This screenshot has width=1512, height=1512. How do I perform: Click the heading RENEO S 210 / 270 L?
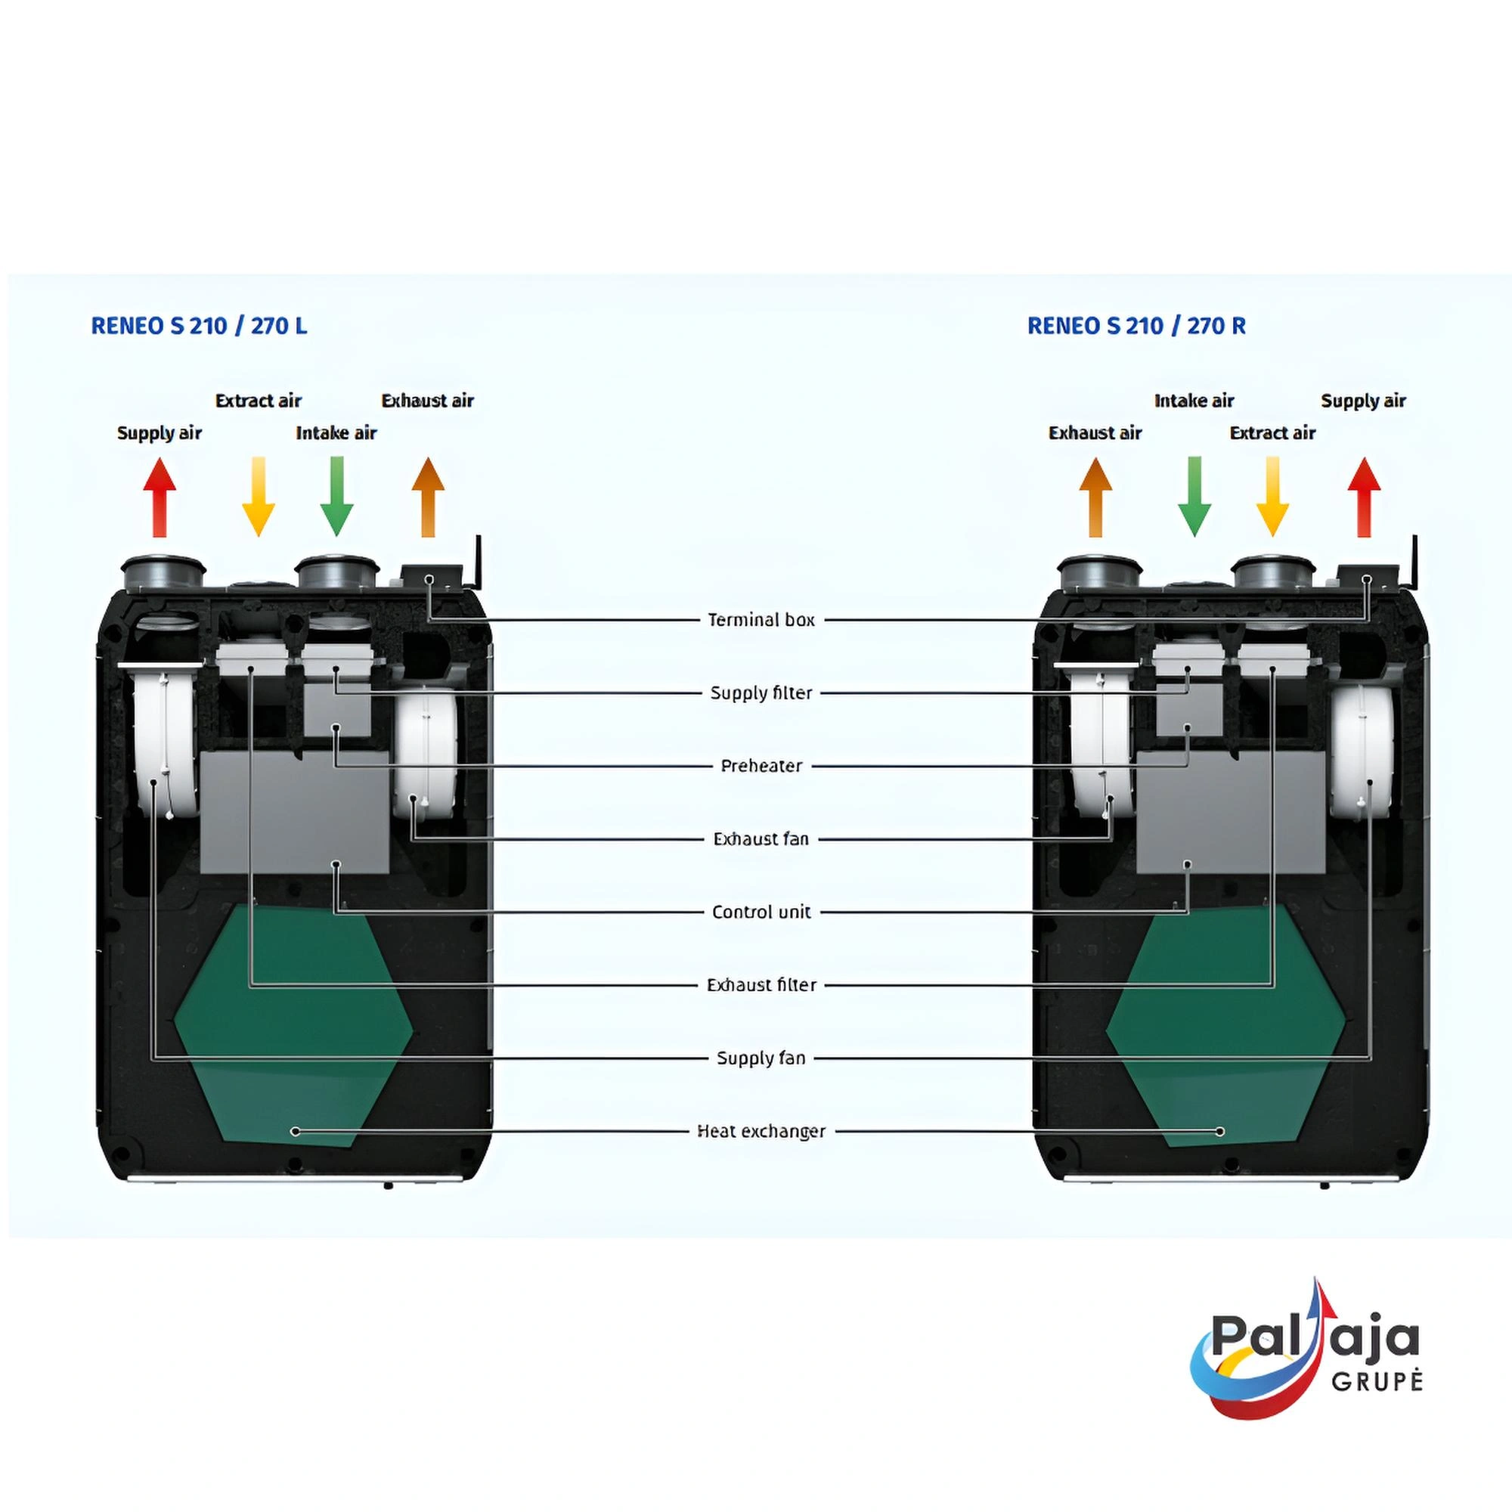tap(199, 326)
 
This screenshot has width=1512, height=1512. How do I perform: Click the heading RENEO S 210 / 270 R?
tap(1136, 326)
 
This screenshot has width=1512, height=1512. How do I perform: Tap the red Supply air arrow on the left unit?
tap(160, 497)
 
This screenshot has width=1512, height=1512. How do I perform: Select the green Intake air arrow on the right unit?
tap(1194, 497)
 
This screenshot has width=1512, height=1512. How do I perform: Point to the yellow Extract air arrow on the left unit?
tap(259, 497)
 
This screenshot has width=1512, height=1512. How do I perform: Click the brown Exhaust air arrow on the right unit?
tap(1095, 497)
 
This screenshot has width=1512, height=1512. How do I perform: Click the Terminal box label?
tap(761, 620)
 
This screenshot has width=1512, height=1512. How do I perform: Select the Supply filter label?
tap(761, 692)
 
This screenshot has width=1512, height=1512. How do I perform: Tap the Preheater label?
tap(761, 765)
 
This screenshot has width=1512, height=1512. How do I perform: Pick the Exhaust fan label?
tap(761, 839)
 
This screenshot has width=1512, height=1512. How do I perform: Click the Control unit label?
tap(761, 912)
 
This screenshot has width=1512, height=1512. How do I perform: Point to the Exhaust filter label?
tap(761, 984)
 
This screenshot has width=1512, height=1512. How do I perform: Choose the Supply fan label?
tap(761, 1058)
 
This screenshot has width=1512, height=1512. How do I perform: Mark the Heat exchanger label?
tap(761, 1131)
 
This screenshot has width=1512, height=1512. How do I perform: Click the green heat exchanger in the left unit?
tap(293, 1025)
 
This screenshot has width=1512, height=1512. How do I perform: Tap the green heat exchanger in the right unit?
tap(1225, 1025)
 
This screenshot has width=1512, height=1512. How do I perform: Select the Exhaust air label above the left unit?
tap(427, 401)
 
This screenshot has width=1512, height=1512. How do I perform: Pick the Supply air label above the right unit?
tap(1363, 401)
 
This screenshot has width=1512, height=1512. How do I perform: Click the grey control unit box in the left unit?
tap(294, 814)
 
